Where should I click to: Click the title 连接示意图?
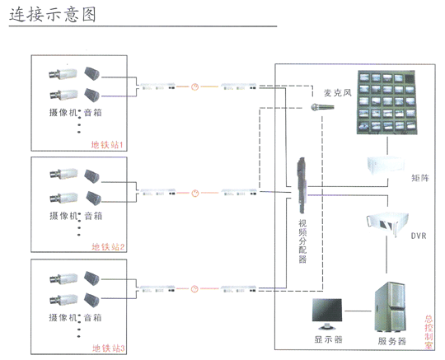point(53,15)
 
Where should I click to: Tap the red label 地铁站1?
point(107,145)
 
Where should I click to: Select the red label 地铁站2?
point(108,246)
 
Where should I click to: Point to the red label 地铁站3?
point(109,348)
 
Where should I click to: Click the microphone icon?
point(322,107)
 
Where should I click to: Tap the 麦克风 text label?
point(338,93)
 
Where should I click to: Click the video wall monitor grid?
point(386,102)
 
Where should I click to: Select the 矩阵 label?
point(420,178)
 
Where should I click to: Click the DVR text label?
point(419,236)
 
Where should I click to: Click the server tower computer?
point(389,307)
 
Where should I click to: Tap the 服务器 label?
point(392,341)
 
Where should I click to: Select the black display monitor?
point(327,314)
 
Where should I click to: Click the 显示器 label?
point(328,339)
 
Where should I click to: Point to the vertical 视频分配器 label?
point(302,241)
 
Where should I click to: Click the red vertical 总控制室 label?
point(429,332)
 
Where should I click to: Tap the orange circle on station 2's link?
point(194,194)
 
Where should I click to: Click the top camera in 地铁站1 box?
point(63,74)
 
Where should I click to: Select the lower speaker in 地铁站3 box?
point(92,300)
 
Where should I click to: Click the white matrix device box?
point(385,165)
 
